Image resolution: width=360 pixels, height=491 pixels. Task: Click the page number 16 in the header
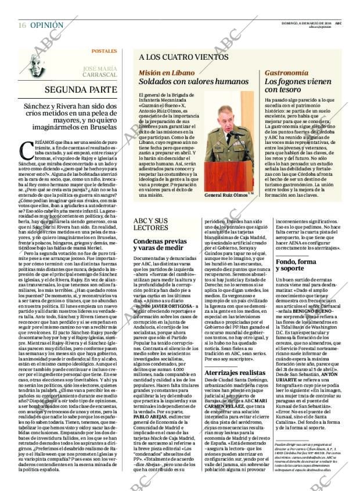point(21,25)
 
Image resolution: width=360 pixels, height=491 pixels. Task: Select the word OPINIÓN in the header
point(46,25)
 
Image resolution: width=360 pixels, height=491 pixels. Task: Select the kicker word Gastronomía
point(286,73)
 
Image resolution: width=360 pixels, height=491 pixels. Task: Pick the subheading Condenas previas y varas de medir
point(159,244)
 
